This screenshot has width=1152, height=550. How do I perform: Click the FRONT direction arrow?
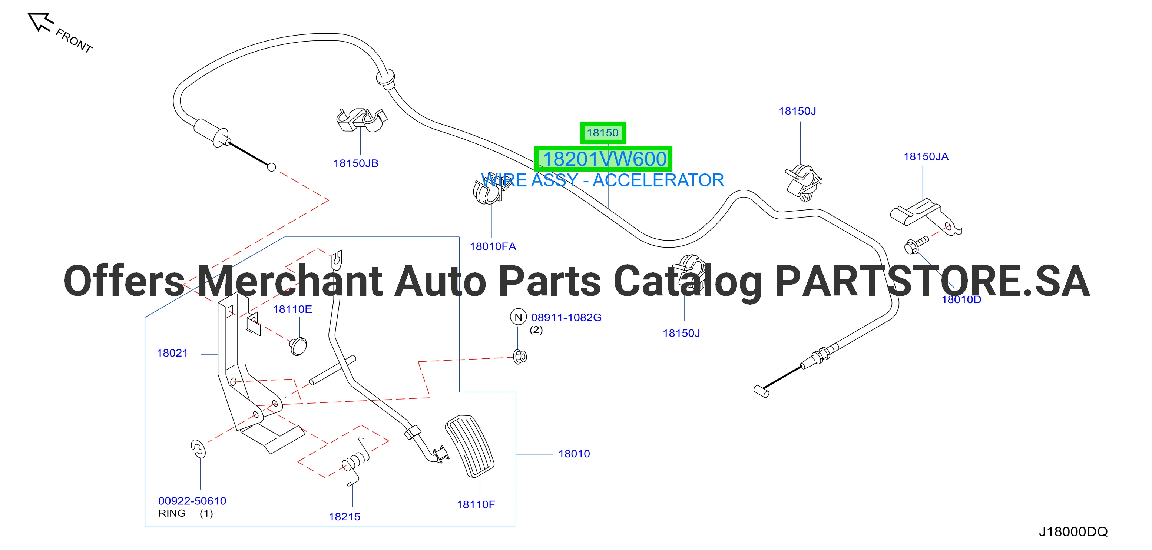40,22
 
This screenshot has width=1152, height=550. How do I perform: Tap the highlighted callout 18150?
602,133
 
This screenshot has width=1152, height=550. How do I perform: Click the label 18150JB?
356,163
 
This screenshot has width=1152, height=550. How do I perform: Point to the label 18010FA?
493,246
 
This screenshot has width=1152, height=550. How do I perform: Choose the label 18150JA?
926,156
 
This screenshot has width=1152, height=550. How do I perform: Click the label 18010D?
961,299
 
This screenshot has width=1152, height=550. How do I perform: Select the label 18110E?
292,309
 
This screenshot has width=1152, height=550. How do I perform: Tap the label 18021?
172,353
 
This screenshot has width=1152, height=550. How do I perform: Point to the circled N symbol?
518,317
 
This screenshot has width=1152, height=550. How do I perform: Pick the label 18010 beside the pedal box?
574,454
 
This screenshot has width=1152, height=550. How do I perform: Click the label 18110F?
476,504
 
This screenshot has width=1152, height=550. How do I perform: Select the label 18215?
344,517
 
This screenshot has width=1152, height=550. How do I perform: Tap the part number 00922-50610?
192,501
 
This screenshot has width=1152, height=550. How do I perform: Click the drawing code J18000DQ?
1073,532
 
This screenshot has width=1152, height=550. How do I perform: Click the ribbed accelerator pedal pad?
470,446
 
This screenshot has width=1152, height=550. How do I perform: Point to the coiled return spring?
357,461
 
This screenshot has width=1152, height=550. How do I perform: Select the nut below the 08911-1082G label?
520,357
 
